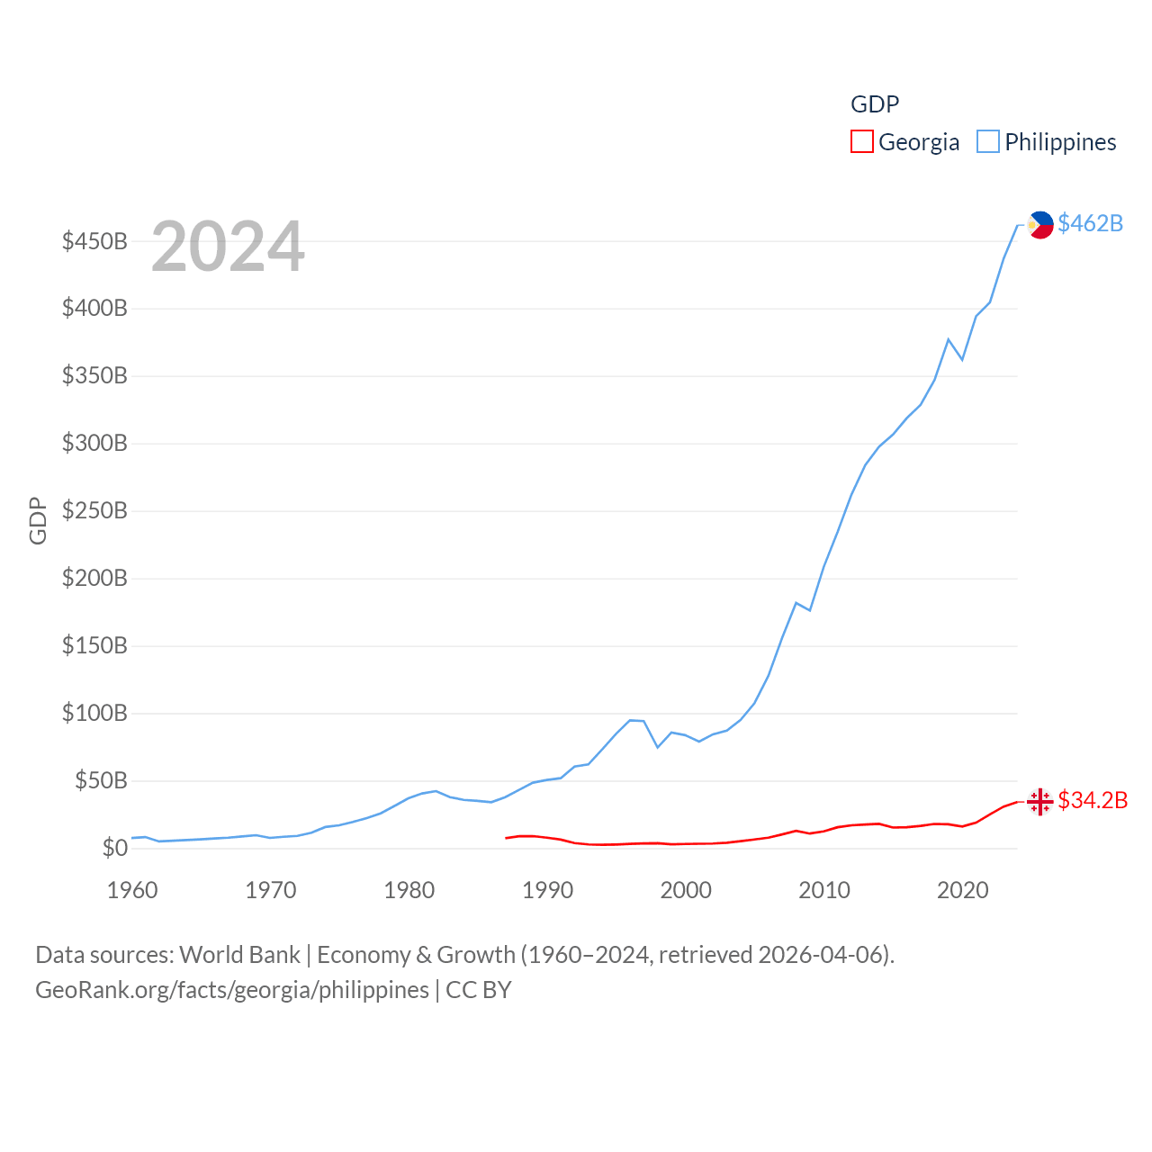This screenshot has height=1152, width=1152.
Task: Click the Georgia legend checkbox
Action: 862,142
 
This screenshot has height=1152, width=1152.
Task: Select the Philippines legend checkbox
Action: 988,142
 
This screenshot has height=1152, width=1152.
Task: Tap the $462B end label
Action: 1090,223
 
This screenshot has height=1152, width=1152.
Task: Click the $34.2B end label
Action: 1093,800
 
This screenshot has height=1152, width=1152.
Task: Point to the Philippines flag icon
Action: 1040,225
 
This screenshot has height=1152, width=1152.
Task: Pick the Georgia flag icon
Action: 1040,801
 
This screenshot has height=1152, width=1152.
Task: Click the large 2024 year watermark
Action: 228,247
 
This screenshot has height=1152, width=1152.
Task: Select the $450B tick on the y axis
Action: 94,241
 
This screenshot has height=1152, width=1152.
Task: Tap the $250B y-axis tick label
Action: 94,511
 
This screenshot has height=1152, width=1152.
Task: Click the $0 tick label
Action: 114,848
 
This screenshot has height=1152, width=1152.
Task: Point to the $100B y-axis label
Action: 94,714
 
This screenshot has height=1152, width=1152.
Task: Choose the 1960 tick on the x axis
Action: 132,890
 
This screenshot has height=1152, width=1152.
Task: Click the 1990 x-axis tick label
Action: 547,890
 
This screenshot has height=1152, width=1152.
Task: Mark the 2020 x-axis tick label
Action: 963,890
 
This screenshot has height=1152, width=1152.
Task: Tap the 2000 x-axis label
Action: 686,890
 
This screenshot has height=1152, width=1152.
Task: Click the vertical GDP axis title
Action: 38,520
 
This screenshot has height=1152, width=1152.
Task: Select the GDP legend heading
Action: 875,104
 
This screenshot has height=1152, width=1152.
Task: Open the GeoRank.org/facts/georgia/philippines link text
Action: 232,990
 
